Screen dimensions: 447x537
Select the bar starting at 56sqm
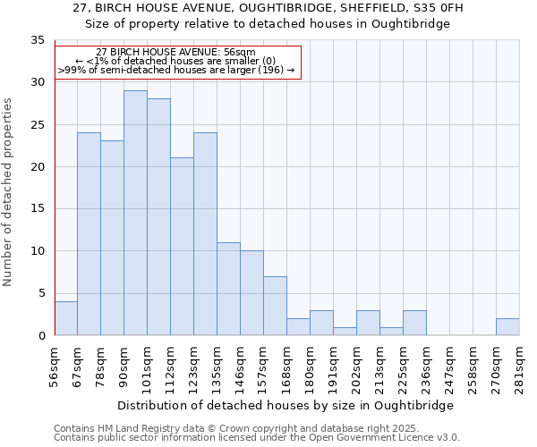65,318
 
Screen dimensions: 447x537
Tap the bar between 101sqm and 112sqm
158,217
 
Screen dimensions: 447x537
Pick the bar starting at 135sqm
228,289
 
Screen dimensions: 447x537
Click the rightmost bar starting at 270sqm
507,326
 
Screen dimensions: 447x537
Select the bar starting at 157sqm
275,306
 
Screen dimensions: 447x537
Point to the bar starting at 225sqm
414,323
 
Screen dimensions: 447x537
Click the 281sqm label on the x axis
519,367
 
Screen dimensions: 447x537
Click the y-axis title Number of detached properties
9,192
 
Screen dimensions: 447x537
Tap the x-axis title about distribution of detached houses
286,405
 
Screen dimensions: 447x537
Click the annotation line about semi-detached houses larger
176,69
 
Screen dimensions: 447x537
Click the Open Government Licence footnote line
257,437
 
